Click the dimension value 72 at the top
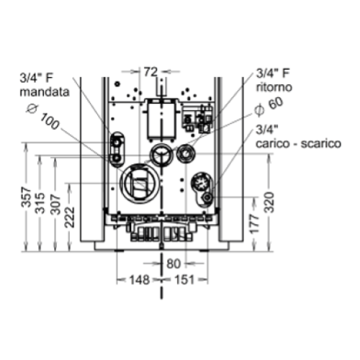coord(150,72)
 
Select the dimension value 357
coord(27,197)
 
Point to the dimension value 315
coord(40,203)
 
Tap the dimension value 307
coord(56,204)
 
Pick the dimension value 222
coord(70,217)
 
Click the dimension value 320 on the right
coord(269,202)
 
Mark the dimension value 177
coord(254,224)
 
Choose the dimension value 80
coord(174,264)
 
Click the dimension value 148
coord(140,280)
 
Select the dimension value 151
coord(184,280)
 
